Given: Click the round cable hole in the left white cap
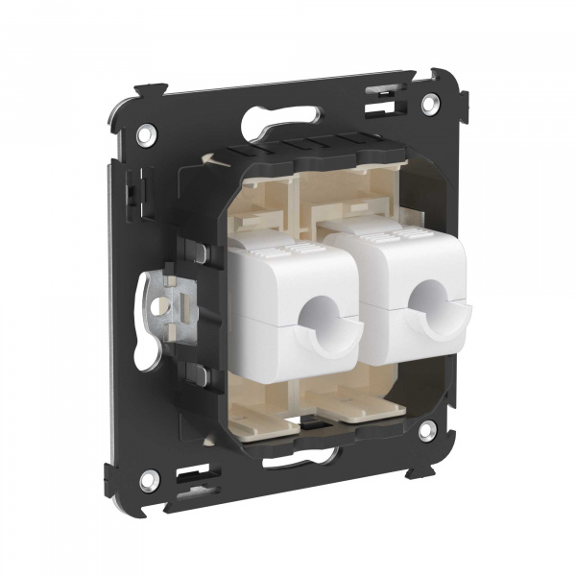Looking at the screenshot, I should click(x=320, y=318).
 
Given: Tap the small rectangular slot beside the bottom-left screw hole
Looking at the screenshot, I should click(x=193, y=476).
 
